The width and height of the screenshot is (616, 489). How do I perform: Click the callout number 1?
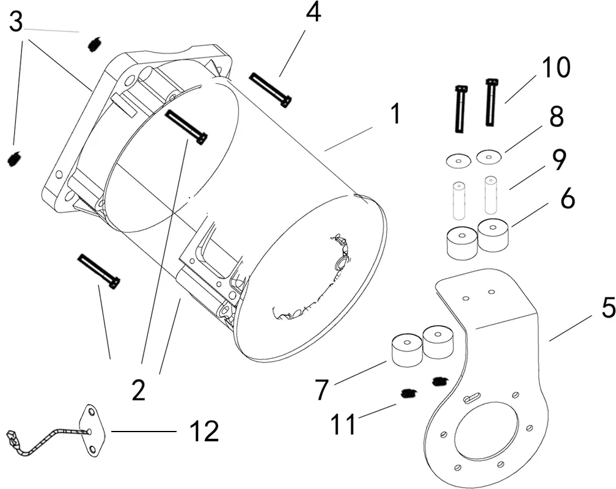coord(395,114)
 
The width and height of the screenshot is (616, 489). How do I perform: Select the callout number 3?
coord(16,23)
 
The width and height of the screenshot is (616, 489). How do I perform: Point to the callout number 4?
coord(313,13)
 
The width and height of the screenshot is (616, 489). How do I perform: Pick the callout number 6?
coord(567,199)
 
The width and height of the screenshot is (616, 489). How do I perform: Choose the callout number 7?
coord(321,390)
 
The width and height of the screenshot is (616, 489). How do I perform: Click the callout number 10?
coord(555,67)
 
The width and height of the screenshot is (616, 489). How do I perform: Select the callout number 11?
coord(343,424)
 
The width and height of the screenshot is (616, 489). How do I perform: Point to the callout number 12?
coord(204,431)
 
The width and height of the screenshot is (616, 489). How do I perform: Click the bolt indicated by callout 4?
coord(271,89)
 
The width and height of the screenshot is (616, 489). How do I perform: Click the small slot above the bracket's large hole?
coord(471,398)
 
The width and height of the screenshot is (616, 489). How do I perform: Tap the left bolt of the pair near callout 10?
coord(460,108)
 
